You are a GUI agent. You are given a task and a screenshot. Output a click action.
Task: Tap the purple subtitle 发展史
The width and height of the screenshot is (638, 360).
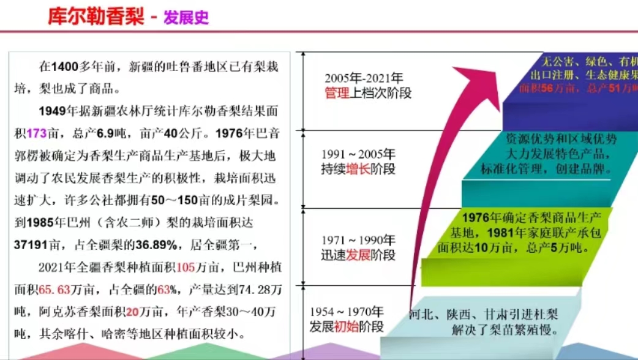186,17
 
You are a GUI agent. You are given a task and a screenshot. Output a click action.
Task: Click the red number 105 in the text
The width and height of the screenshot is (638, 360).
185,268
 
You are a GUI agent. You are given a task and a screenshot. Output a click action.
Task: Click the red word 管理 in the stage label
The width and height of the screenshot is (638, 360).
337,93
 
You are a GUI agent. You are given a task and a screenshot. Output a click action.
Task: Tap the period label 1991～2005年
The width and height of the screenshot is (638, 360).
359,154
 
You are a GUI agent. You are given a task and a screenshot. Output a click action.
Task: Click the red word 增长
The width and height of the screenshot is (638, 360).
358,169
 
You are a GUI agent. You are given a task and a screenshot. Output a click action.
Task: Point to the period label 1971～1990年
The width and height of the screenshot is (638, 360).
359,240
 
